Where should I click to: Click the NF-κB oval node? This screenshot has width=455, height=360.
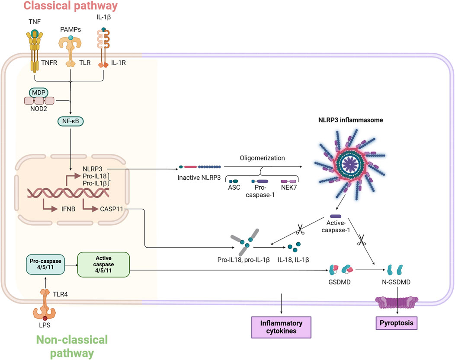tap(71, 121)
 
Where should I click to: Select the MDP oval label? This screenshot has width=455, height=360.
tap(38, 93)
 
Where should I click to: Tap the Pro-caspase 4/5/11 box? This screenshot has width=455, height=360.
tap(45, 264)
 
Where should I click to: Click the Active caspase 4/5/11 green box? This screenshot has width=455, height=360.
tap(103, 264)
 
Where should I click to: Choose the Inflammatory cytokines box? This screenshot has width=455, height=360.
tap(281, 327)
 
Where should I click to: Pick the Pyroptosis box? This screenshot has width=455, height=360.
tap(396, 323)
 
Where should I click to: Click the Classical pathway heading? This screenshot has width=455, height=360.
tap(70, 6)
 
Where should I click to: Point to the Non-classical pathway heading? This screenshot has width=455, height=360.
tap(72, 346)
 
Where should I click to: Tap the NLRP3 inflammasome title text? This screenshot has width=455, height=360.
tap(350, 120)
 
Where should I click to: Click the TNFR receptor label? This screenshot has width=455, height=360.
tap(49, 63)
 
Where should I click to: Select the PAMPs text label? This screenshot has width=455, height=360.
tap(70, 29)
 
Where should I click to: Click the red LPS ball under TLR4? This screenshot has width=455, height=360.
tap(45, 318)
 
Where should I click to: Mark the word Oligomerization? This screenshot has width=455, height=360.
tap(263, 158)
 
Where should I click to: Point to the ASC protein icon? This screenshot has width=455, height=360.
tap(234, 181)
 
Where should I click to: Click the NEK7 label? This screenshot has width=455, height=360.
tap(289, 188)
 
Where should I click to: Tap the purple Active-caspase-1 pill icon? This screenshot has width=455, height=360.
tap(336, 216)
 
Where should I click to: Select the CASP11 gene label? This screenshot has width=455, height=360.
tap(112, 209)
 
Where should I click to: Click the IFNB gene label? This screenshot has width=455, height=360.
tap(68, 209)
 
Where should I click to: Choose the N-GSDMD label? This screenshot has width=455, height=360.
tap(396, 282)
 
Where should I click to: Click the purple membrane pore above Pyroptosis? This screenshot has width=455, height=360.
tap(397, 303)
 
